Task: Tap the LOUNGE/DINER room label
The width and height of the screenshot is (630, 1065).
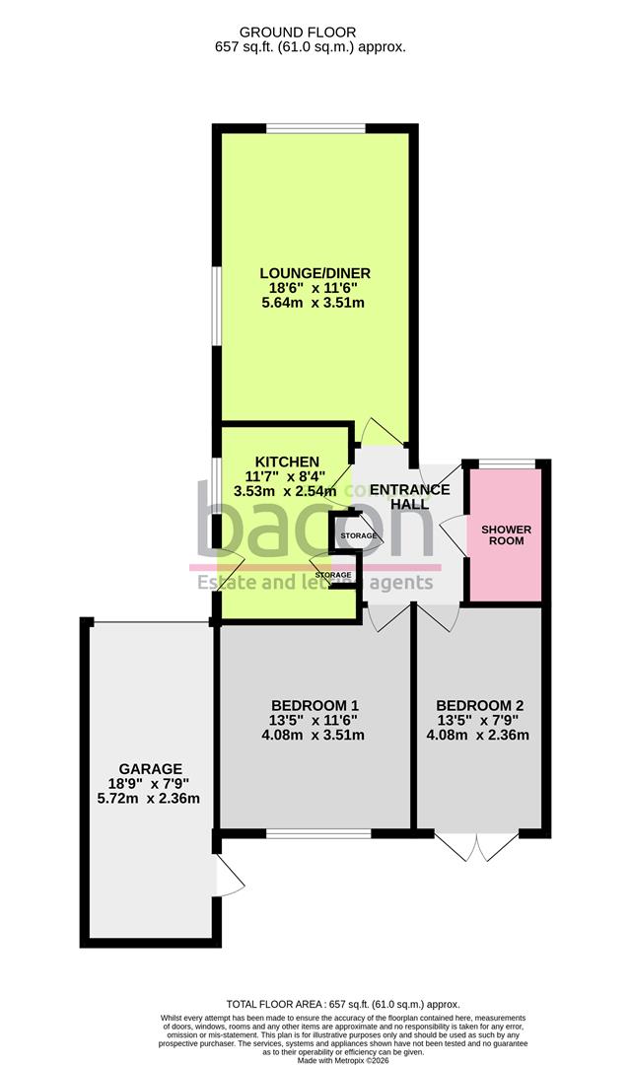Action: (315, 273)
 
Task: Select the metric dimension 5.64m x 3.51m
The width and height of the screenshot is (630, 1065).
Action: (314, 303)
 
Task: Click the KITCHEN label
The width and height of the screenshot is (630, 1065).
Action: (287, 461)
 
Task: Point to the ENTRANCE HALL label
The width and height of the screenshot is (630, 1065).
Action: (410, 496)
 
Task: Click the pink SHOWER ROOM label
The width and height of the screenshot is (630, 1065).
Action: (506, 536)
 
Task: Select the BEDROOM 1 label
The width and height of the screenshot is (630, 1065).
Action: (315, 705)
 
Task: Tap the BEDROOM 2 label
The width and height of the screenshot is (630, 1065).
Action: (479, 705)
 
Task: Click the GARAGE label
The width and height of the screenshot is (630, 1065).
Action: (151, 768)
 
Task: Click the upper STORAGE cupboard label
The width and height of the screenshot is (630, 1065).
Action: (358, 535)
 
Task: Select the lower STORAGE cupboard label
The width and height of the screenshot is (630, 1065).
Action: (333, 574)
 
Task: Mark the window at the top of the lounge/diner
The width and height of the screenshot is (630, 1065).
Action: (315, 127)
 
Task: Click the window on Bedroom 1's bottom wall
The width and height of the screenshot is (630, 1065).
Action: (317, 834)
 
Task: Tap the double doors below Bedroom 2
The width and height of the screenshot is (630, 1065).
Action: (476, 845)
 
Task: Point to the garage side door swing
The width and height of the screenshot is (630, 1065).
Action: (229, 875)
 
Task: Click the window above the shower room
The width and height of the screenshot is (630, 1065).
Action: (507, 463)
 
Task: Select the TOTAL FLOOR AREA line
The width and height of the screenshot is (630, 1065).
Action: (343, 1004)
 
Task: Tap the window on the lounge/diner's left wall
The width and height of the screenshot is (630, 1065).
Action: (216, 306)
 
